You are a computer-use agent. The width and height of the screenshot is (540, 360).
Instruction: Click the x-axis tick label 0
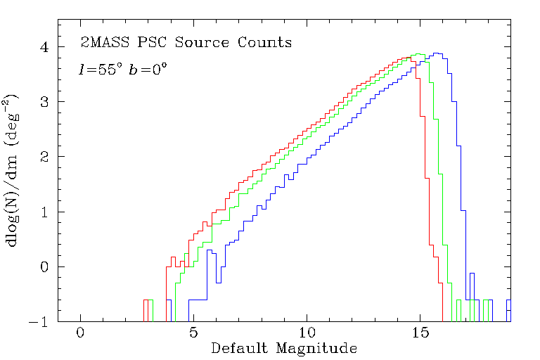pyautogui.click(x=81, y=333)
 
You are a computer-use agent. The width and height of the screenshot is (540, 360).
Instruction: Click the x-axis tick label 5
pyautogui.click(x=193, y=333)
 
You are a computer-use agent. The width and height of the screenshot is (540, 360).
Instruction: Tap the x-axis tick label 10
pyautogui.click(x=307, y=333)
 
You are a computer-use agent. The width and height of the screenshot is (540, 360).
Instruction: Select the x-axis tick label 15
pyautogui.click(x=420, y=333)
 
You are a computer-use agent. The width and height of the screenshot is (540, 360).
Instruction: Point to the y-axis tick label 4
pyautogui.click(x=44, y=47)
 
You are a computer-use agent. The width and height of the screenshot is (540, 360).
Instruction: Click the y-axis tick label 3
pyautogui.click(x=44, y=102)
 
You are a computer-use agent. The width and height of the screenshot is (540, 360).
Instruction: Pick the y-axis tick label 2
pyautogui.click(x=44, y=157)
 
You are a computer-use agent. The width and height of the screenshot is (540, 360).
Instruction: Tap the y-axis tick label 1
pyautogui.click(x=44, y=212)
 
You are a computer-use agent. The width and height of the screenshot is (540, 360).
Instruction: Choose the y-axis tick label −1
pyautogui.click(x=40, y=322)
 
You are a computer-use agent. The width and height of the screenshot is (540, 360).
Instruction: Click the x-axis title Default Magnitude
pyautogui.click(x=284, y=348)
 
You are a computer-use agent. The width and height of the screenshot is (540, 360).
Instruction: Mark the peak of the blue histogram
pyautogui.click(x=437, y=53)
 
